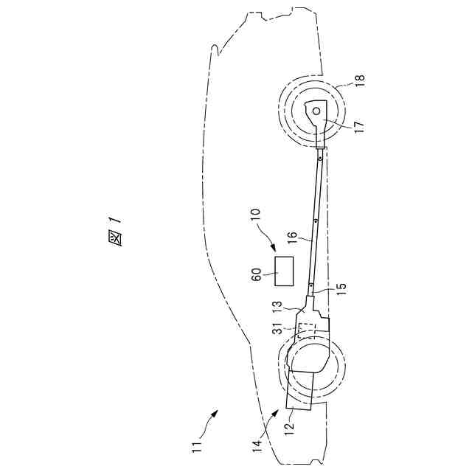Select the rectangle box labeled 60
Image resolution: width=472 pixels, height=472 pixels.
coord(283,271)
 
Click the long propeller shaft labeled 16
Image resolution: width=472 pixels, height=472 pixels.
coord(315,221)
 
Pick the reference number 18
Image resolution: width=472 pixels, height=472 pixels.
coord(360,80)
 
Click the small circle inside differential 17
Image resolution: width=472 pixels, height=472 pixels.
coord(316,111)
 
